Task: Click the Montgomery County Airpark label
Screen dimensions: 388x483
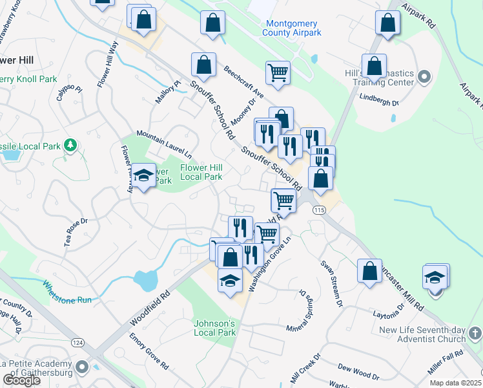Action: pyautogui.click(x=292, y=28)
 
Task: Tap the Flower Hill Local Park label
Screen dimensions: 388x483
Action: pyautogui.click(x=201, y=172)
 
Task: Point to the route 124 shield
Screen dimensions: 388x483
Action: pyautogui.click(x=79, y=341)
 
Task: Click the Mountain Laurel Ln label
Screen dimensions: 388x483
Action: pyautogui.click(x=163, y=146)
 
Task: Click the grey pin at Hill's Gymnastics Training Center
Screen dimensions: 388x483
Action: pyautogui.click(x=424, y=78)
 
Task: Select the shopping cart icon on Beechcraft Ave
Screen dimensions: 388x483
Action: pyautogui.click(x=277, y=72)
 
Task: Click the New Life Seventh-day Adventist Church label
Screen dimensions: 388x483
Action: pyautogui.click(x=422, y=334)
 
